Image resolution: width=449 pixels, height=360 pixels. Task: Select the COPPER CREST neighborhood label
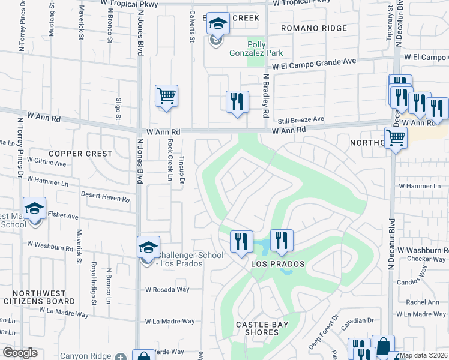(x=80, y=154)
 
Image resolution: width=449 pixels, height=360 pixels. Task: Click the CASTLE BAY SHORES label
(x=262, y=329)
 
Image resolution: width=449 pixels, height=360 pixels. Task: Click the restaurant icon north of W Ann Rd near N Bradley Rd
(x=238, y=101)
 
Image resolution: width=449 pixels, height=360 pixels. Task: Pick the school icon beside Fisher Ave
(x=35, y=208)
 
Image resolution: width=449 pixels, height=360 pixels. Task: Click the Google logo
(x=20, y=353)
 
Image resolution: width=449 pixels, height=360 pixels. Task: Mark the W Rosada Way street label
(x=167, y=289)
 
